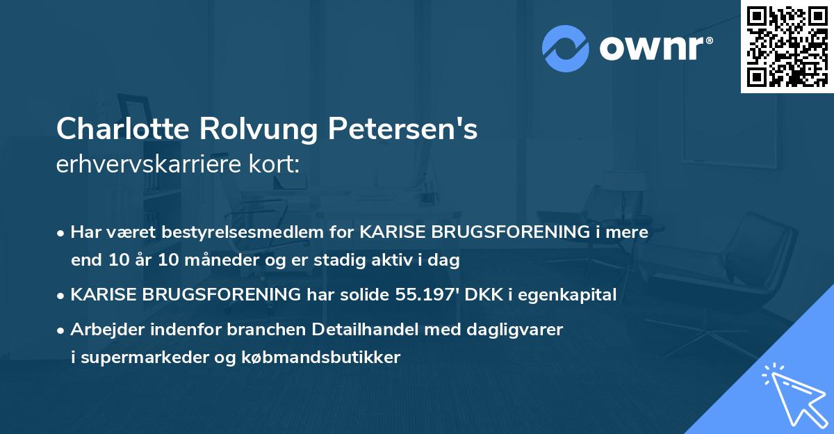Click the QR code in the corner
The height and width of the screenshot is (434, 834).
point(787,46)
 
